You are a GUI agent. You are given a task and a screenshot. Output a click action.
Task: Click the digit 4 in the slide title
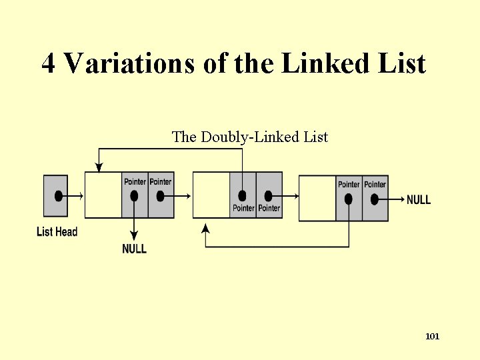[49, 65]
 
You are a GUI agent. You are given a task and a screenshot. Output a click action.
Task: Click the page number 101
[432, 337]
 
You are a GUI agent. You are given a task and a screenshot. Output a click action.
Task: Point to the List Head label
[57, 232]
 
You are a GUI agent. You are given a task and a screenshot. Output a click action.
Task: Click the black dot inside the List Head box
[59, 196]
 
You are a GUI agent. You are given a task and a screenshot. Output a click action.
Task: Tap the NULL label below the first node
[134, 249]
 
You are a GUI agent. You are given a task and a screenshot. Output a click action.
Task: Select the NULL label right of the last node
[419, 199]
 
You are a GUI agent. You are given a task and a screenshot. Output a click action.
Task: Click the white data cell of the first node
[103, 195]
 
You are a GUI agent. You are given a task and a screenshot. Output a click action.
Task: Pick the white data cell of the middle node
[211, 195]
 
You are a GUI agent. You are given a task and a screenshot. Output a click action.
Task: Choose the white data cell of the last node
[317, 198]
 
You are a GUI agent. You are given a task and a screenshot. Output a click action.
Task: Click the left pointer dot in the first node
[134, 196]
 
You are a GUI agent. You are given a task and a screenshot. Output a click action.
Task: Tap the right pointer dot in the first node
[160, 196]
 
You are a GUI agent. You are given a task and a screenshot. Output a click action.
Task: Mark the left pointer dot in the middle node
[242, 196]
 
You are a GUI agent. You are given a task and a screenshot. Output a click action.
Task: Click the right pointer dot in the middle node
[268, 196]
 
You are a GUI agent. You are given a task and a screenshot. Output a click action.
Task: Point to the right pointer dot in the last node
[375, 199]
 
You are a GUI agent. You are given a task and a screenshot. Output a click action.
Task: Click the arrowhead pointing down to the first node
[99, 167]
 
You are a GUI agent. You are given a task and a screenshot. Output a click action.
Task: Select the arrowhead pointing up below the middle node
[206, 229]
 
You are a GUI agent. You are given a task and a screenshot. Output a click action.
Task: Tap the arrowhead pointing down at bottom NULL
[134, 235]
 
